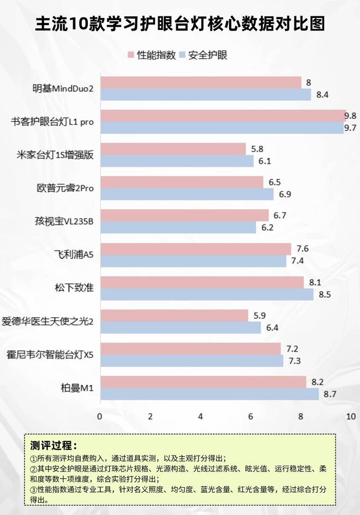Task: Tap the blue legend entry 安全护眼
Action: pyautogui.click(x=204, y=55)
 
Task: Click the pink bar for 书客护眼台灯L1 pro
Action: pyautogui.click(x=223, y=116)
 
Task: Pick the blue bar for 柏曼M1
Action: pyautogui.click(x=209, y=393)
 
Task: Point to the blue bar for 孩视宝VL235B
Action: pyautogui.click(x=178, y=227)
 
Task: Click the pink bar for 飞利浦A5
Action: pyautogui.click(x=195, y=249)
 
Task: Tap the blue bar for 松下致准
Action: pyautogui.click(x=207, y=295)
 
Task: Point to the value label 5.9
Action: pyautogui.click(x=260, y=315)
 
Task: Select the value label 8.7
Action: pyautogui.click(x=330, y=393)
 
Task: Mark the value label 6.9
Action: pyautogui.click(x=285, y=195)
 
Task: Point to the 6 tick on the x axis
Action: pyautogui.click(x=250, y=416)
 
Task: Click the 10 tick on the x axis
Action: pyautogui.click(x=350, y=416)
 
